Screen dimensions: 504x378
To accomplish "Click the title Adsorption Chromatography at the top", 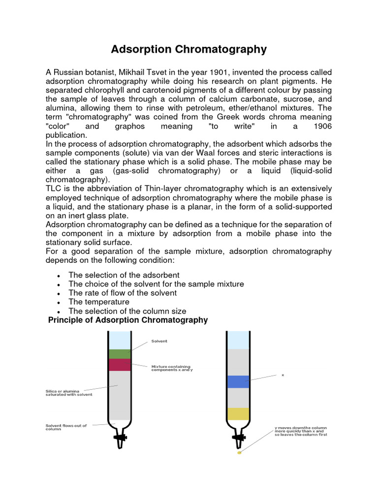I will click(189, 49).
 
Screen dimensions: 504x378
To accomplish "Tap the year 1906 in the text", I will click(322, 126).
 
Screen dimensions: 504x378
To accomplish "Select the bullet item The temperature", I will click(99, 302).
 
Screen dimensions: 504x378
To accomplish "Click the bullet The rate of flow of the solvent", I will click(123, 293).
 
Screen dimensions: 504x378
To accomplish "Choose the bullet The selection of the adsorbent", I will click(124, 275).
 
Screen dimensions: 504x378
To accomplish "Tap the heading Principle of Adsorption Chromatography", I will click(128, 320).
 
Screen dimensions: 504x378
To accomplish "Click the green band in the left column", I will click(119, 353).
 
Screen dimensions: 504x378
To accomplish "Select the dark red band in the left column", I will click(119, 365).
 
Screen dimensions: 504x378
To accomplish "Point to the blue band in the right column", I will click(238, 381).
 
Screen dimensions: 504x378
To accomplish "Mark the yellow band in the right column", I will click(238, 413).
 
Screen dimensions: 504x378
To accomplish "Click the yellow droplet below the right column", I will click(239, 452).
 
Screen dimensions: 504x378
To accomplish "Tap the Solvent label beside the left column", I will click(159, 341).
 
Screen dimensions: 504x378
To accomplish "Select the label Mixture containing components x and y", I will click(172, 368).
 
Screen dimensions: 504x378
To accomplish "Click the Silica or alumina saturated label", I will click(69, 392).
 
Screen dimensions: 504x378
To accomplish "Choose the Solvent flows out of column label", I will click(66, 427).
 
